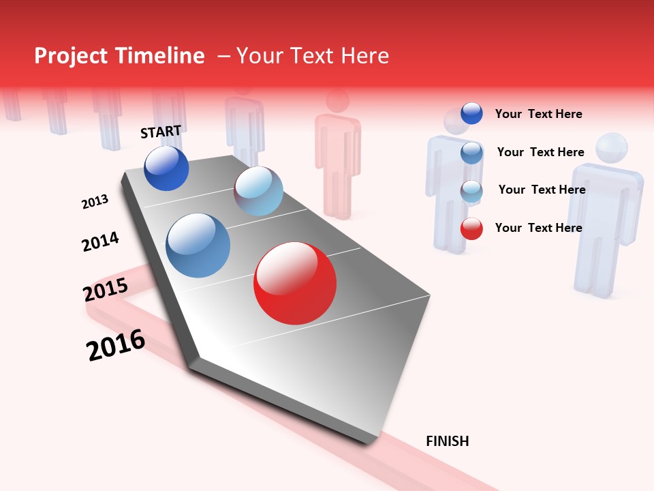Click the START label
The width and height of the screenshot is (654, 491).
click(x=161, y=132)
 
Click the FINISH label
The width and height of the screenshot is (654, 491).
click(x=447, y=441)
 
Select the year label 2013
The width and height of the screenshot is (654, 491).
click(x=95, y=202)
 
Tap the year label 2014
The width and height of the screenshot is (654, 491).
click(x=100, y=241)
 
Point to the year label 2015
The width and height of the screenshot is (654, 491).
click(x=105, y=291)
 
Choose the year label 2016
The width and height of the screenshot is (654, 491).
click(x=116, y=345)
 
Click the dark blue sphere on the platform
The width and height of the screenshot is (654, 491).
click(x=166, y=168)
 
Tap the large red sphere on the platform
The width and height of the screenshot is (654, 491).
click(x=295, y=283)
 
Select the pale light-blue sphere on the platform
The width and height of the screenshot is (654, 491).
click(x=258, y=191)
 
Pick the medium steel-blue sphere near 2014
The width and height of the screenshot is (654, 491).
click(x=198, y=245)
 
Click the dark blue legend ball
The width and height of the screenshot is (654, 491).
click(x=471, y=113)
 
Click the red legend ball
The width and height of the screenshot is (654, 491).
click(x=471, y=228)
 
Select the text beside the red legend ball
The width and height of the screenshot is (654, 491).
click(x=538, y=228)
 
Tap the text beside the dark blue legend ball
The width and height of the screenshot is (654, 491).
click(x=538, y=114)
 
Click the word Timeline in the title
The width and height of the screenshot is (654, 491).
click(x=160, y=56)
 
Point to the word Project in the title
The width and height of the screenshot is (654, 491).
click(x=71, y=56)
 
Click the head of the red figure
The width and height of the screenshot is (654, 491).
click(x=337, y=100)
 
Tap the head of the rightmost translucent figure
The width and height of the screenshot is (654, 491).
click(x=610, y=149)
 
